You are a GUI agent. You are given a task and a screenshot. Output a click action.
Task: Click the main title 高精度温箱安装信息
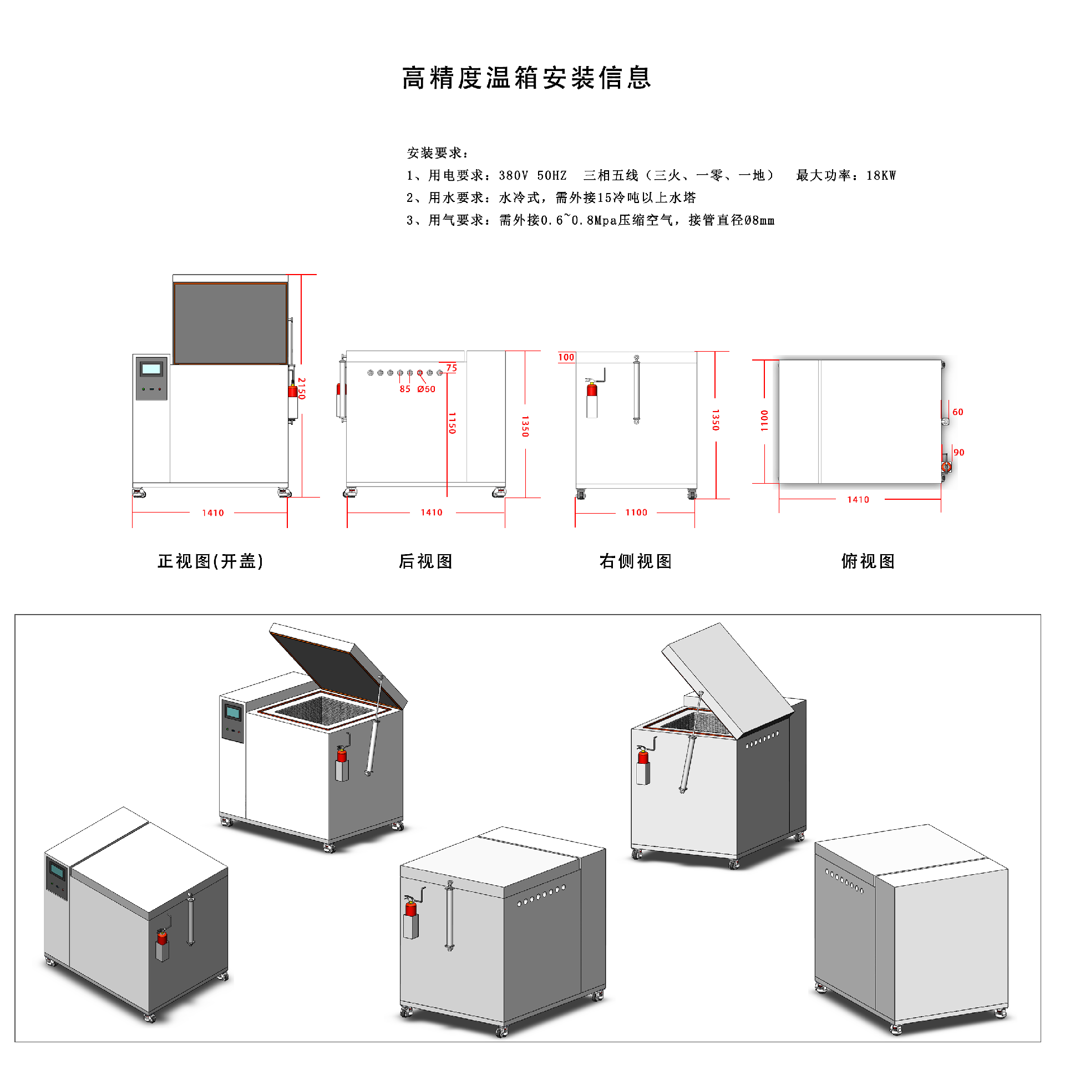pos(526,78)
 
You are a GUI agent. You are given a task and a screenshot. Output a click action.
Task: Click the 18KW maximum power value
pos(881,176)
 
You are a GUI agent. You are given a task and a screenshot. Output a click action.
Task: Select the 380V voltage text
pos(513,176)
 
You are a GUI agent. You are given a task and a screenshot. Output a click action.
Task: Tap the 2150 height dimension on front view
pos(301,388)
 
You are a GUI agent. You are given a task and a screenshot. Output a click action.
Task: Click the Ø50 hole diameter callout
pos(427,389)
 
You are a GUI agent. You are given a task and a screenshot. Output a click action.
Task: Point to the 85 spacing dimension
pos(405,389)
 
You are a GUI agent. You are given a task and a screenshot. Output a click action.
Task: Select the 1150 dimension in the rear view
pos(452,423)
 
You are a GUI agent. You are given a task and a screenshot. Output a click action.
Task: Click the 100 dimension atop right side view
pos(566,357)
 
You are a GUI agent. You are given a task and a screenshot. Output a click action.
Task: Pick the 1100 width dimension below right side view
pos(636,513)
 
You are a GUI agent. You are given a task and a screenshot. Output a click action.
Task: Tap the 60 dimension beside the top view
pos(957,412)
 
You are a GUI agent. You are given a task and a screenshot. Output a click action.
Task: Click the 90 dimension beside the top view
pos(958,453)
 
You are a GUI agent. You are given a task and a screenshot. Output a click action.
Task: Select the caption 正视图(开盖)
pos(210,561)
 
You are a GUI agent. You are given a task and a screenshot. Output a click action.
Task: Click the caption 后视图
pos(425,561)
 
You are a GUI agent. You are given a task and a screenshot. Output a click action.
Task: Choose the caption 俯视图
pos(868,561)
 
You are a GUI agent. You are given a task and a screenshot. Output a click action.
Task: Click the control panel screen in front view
pos(151,369)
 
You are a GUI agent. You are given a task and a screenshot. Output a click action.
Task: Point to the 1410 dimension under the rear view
pos(431,513)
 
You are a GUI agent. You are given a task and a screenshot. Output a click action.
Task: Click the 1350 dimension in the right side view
pos(715,420)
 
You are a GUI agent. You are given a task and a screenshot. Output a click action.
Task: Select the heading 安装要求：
pos(438,153)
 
